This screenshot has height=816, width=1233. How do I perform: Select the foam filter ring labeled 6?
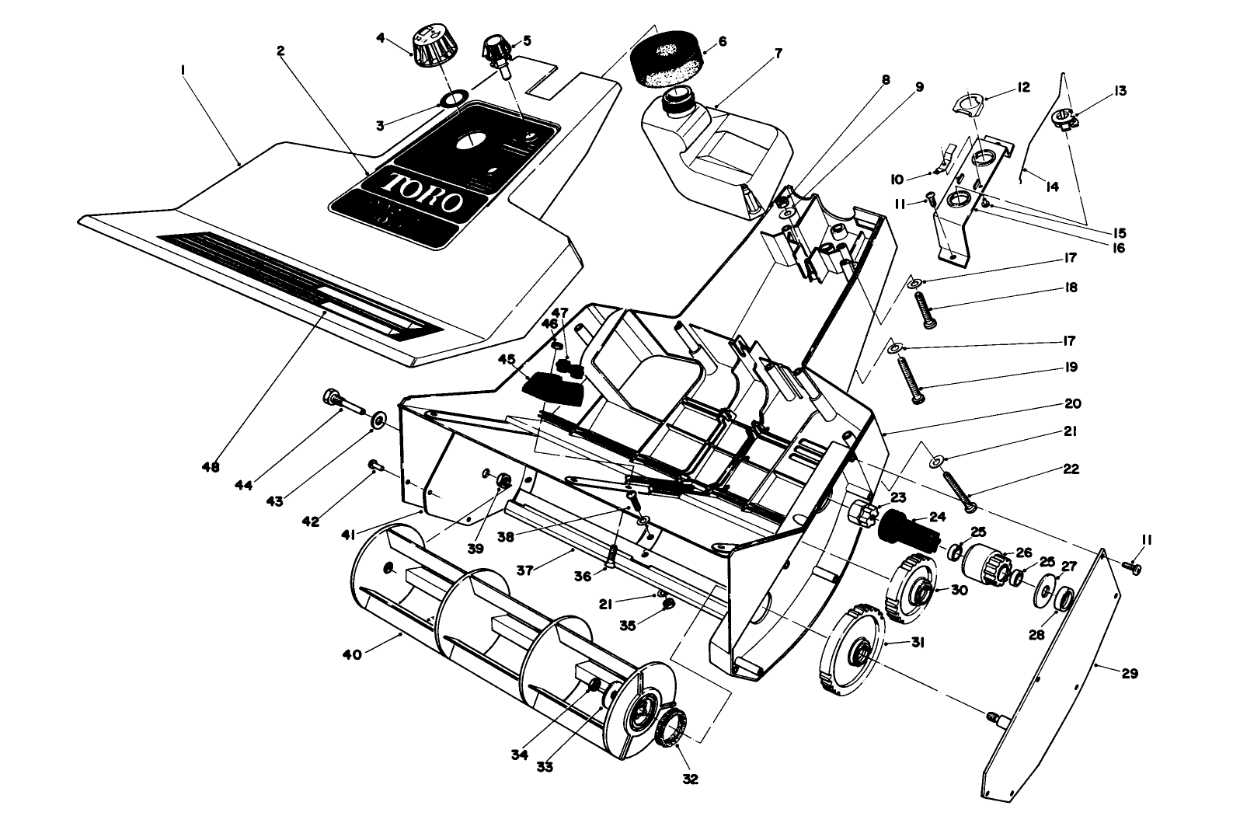click(667, 57)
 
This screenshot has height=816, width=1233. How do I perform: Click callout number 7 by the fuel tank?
click(778, 54)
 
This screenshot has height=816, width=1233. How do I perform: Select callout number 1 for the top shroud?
click(183, 70)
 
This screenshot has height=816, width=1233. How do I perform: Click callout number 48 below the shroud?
click(210, 468)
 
